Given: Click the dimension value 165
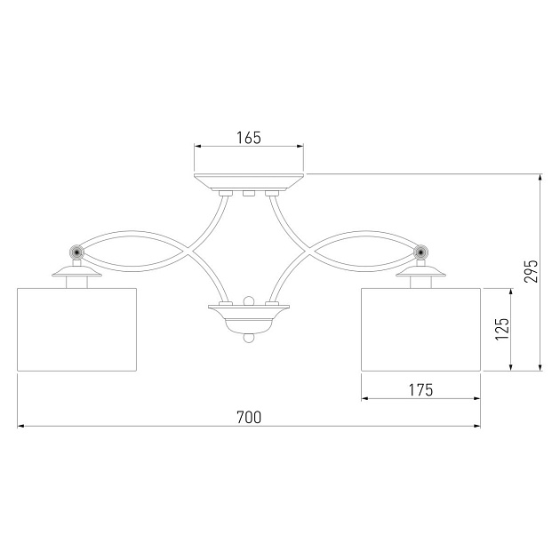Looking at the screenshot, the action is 249,138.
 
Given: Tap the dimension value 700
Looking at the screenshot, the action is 249,417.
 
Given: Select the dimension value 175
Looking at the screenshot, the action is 420,390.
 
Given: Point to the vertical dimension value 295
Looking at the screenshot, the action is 531,271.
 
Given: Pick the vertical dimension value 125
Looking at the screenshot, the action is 502,329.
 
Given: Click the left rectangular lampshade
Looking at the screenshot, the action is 77,330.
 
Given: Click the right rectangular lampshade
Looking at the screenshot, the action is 420,330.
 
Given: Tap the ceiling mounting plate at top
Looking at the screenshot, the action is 249,182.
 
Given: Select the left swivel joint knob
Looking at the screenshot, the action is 76,252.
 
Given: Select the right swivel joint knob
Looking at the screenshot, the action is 421,252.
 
